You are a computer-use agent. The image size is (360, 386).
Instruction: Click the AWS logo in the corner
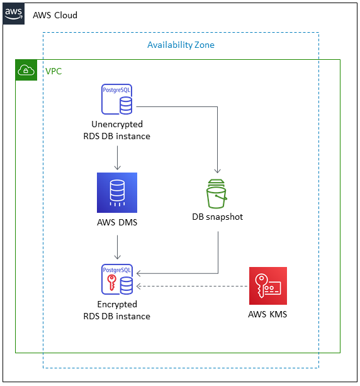tap(14, 14)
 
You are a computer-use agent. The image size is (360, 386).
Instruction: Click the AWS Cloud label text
tap(55, 14)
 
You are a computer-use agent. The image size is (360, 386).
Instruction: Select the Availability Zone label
tap(181, 45)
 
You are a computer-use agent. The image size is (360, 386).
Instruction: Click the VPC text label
tap(53, 71)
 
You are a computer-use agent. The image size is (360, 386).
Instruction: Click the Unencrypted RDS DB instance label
tap(117, 130)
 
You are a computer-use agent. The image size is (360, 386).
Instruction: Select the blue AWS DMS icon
tap(117, 192)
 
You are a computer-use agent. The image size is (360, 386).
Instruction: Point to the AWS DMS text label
tap(117, 222)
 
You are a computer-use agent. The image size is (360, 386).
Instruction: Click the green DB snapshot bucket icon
tap(218, 193)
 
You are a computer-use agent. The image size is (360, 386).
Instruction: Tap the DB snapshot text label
tap(218, 217)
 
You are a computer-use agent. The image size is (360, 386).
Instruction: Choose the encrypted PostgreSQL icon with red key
tap(117, 280)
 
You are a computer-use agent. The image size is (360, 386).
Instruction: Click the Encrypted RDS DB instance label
tap(117, 310)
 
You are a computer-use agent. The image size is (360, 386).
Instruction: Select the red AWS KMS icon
tap(267, 286)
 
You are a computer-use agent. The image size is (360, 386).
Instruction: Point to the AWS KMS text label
tap(267, 314)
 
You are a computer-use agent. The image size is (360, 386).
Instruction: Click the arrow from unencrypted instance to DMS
tap(117, 157)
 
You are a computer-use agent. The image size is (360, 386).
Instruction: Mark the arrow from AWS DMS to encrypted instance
tap(117, 246)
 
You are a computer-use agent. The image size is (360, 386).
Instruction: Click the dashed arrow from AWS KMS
tap(192, 287)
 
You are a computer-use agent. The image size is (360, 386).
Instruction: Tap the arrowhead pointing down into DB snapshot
tap(218, 170)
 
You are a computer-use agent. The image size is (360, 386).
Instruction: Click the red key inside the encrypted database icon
tap(111, 281)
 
